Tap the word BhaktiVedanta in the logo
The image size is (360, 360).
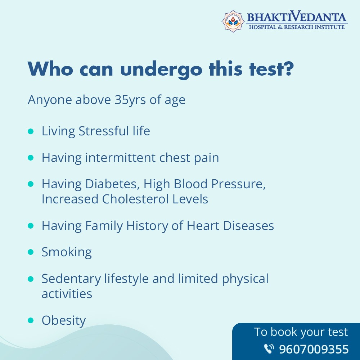[296, 17]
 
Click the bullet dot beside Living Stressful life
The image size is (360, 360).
[31, 131]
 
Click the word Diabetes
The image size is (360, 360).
[112, 184]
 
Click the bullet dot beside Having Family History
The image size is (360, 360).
[31, 226]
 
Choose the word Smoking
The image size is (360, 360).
[67, 252]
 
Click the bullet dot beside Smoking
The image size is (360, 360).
[31, 252]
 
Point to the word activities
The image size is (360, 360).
[67, 294]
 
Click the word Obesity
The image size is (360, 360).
[64, 320]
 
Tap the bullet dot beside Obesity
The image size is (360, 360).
[31, 320]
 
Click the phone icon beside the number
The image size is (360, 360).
[269, 349]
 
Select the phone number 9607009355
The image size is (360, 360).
[314, 349]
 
